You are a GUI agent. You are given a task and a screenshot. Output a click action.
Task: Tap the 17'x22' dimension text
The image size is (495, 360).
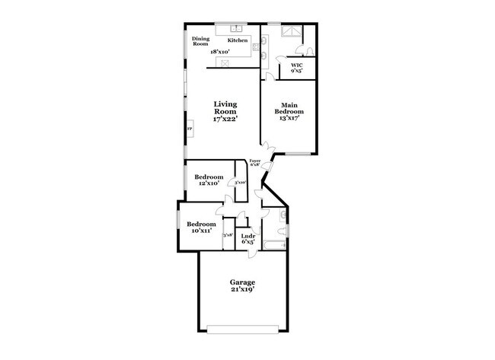225,119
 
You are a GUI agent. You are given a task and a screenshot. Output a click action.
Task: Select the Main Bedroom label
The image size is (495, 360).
289,108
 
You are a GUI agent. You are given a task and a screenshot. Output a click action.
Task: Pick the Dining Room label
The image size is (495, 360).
200,41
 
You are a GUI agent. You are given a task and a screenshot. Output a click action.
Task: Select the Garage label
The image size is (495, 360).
243,282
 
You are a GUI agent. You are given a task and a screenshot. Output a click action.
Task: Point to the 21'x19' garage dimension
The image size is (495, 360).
243,289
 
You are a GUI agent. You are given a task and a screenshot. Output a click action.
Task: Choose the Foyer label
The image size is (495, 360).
255,161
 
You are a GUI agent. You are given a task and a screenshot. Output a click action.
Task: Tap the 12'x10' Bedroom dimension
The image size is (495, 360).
209,183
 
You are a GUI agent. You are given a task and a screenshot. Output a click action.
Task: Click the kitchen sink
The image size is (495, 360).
238,27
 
